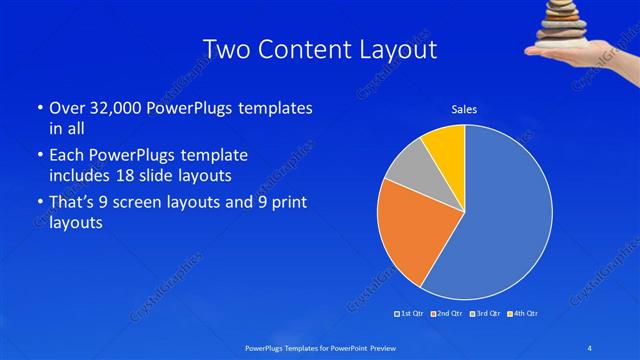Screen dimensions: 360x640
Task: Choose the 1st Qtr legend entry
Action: click(x=410, y=314)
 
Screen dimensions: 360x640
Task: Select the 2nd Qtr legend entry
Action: click(x=446, y=314)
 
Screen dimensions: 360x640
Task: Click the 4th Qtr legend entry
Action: click(x=521, y=314)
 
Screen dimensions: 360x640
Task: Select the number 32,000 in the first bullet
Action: click(x=115, y=108)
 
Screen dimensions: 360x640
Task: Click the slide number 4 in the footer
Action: click(x=589, y=347)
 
